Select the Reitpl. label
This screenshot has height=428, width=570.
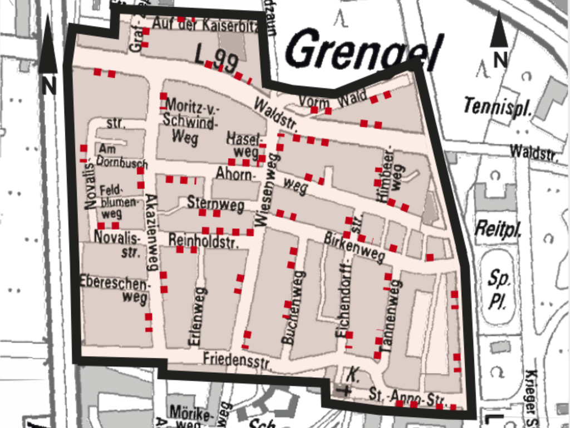(497, 229)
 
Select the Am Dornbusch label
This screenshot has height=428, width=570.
(121, 155)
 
